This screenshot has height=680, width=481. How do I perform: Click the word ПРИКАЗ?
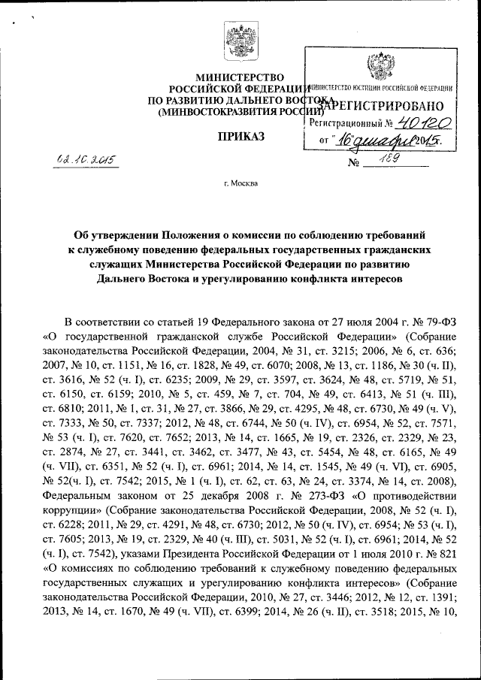coord(240,136)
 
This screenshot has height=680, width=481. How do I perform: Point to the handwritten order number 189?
coord(392,159)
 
